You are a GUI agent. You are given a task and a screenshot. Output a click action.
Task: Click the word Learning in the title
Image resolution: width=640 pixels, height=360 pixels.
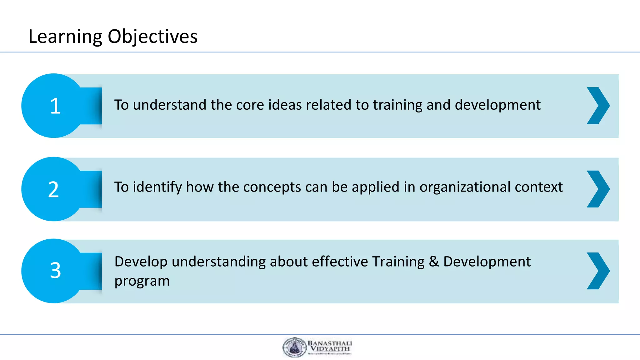pos(65,37)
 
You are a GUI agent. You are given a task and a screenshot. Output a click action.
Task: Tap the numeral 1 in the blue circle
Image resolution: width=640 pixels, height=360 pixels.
pos(55,106)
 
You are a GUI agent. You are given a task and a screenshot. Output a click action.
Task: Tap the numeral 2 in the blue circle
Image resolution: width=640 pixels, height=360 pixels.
pos(53,189)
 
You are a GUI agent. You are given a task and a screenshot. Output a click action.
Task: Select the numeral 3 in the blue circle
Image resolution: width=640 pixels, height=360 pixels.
pos(55,270)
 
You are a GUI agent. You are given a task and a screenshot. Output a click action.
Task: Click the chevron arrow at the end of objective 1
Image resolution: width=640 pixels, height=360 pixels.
pos(598,106)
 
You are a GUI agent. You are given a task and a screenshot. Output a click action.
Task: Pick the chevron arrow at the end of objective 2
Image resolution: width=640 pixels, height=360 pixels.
pos(598,189)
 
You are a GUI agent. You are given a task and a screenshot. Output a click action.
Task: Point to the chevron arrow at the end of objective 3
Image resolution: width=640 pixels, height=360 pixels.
pos(598,271)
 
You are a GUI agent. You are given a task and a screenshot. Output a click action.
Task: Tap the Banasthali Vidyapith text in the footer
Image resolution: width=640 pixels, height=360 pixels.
pos(330,346)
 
